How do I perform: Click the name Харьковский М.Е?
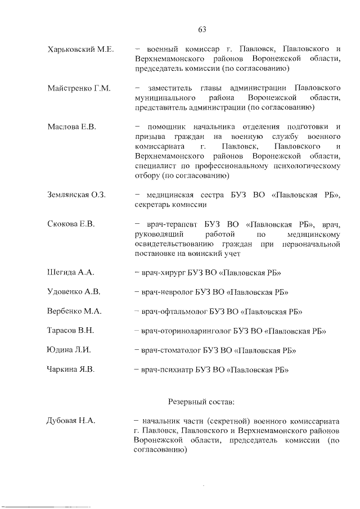[81, 49]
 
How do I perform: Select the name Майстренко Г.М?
[79, 88]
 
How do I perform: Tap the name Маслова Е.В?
[72, 127]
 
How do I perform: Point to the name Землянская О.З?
[78, 195]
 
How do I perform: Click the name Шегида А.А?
[71, 273]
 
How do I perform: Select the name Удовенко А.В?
[74, 292]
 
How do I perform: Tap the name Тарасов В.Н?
[71, 331]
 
